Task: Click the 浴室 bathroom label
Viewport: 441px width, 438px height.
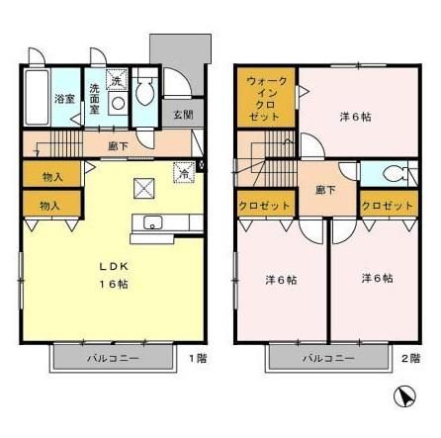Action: click(x=64, y=100)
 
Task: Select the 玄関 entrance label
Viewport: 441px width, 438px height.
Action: click(x=183, y=115)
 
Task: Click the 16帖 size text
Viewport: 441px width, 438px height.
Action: click(x=113, y=284)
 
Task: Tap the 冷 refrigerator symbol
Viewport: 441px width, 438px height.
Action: click(x=183, y=172)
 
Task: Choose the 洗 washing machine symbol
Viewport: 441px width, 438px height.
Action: click(x=115, y=80)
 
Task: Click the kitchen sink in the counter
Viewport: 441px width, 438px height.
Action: click(x=154, y=222)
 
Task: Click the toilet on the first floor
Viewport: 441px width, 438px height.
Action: click(x=144, y=92)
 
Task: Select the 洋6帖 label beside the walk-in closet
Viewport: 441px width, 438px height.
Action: click(x=354, y=118)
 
